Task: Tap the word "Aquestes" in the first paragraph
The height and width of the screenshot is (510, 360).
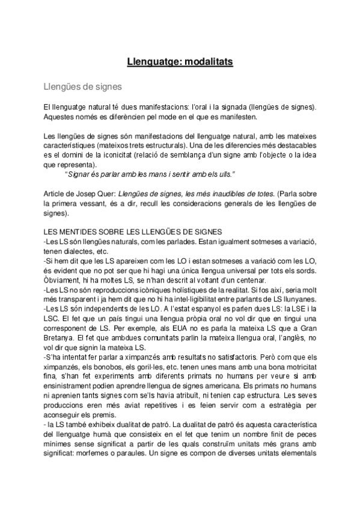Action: pos(62,117)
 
